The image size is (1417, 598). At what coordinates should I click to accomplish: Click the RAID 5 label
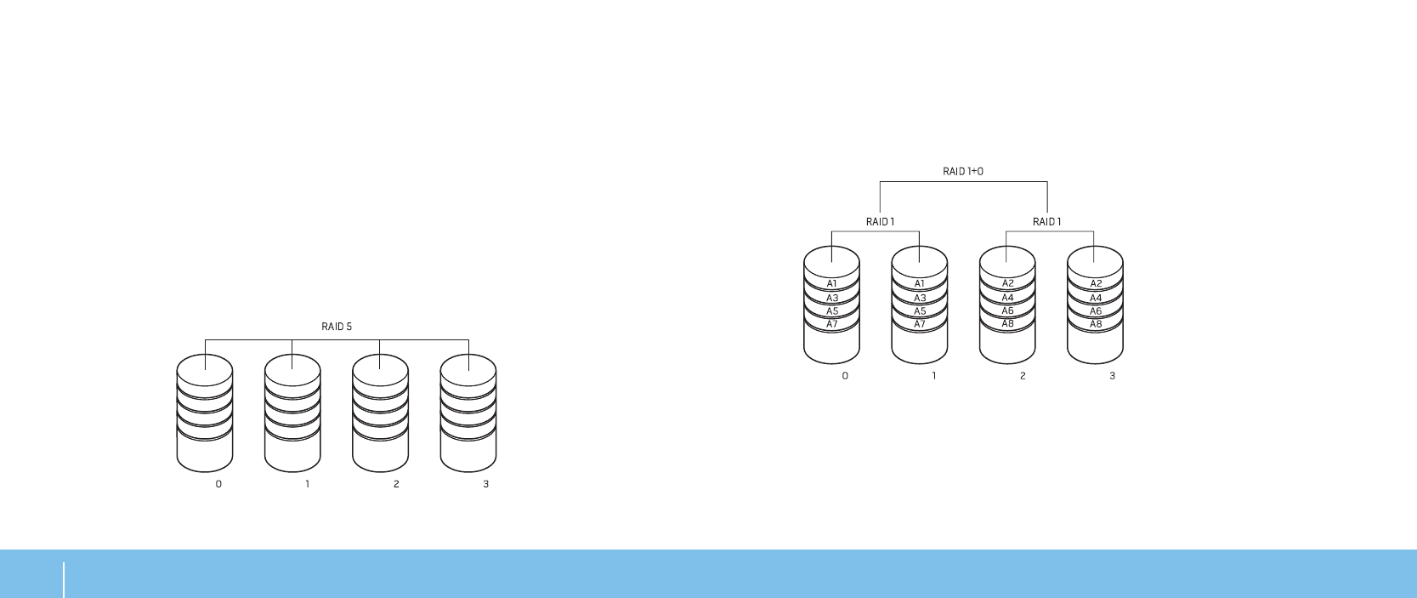pos(337,327)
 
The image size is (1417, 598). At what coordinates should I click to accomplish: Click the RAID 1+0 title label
pos(963,171)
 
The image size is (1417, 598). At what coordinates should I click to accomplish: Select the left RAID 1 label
pos(880,222)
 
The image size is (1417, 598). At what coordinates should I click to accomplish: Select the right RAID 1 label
pos(1046,222)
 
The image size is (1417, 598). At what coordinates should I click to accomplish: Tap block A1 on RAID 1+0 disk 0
pos(832,284)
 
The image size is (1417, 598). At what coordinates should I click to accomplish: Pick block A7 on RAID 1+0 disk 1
pos(920,324)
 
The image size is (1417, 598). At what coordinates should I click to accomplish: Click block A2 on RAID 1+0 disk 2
pos(1007,284)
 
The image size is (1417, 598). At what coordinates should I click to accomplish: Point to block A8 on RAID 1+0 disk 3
pos(1096,324)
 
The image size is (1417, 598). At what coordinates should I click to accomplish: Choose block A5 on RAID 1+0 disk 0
pos(832,311)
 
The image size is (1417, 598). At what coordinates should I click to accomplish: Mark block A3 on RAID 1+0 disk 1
pos(920,298)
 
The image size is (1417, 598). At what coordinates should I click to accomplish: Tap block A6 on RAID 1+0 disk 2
pos(1007,311)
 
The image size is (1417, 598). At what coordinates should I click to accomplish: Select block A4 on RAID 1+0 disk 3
pos(1096,298)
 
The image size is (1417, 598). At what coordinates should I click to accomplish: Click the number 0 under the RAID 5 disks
pos(218,484)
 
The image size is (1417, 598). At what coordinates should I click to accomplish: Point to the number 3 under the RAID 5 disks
pos(485,484)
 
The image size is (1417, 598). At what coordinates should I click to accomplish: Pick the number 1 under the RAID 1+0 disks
pos(933,376)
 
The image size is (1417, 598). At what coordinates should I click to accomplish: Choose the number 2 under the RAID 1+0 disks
pos(1023,376)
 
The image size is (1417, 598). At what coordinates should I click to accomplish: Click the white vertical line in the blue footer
pos(64,579)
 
